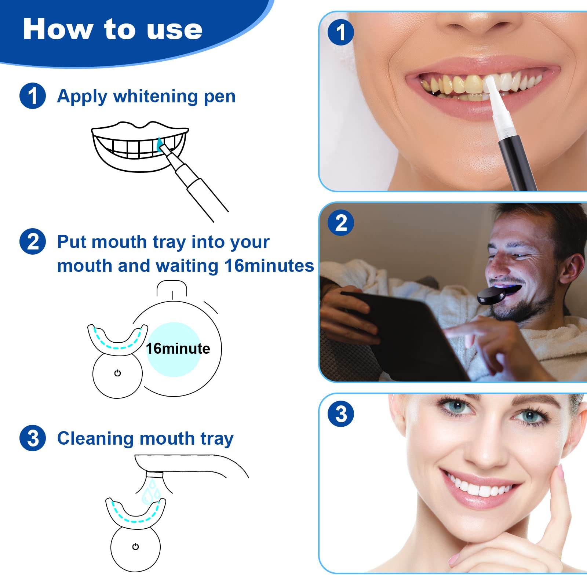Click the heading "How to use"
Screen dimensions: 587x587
pos(113,29)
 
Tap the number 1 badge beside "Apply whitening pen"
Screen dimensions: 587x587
pos(33,96)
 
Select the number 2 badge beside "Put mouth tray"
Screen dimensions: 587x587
pos(33,241)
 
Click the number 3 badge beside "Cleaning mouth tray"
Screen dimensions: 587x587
pos(33,438)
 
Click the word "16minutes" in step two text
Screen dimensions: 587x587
pos(269,266)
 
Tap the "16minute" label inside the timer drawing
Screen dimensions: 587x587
pos(178,349)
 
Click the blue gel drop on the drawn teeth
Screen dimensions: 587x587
pos(159,145)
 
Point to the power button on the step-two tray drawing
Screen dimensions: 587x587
pos(117,373)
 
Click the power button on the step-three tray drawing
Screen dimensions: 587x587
pos(135,547)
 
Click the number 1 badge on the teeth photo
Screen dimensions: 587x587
pos(341,32)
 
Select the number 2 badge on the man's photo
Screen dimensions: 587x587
pos(341,223)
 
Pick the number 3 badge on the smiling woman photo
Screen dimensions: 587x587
pos(341,414)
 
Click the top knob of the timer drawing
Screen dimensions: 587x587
pos(172,288)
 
